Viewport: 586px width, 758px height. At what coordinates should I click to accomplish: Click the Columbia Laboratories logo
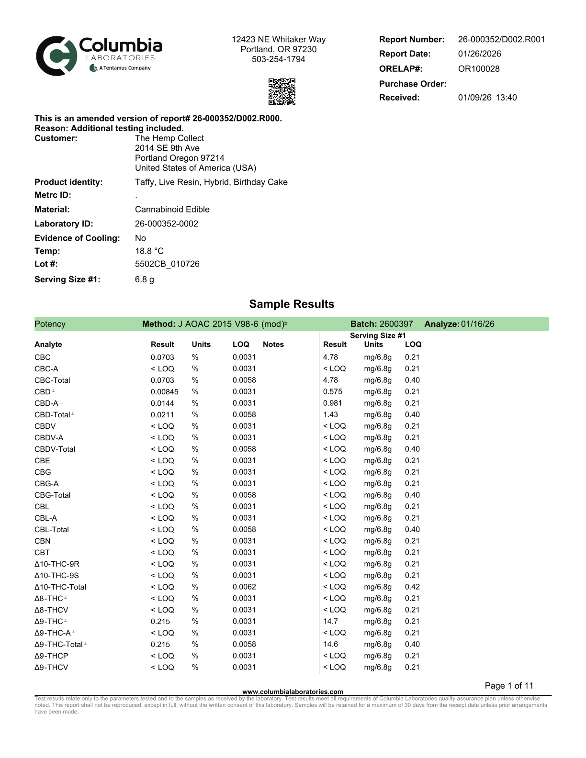pyautogui.click(x=99, y=56)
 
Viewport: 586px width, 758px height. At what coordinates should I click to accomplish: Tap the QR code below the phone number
pyautogui.click(x=282, y=91)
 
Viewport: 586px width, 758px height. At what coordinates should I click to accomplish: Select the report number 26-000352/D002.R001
pyautogui.click(x=501, y=40)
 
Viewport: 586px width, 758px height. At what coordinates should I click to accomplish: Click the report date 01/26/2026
pyautogui.click(x=479, y=54)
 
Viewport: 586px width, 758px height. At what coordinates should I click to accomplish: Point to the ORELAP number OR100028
pyautogui.click(x=478, y=69)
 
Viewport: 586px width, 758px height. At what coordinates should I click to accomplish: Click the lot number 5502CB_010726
pyautogui.click(x=167, y=264)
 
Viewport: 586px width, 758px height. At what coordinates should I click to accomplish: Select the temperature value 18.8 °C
pyautogui.click(x=149, y=251)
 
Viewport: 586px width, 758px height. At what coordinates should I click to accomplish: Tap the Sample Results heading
pyautogui.click(x=292, y=304)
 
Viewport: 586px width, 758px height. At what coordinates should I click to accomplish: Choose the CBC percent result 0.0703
pyautogui.click(x=162, y=357)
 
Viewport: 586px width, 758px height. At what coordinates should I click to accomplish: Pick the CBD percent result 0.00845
pyautogui.click(x=164, y=392)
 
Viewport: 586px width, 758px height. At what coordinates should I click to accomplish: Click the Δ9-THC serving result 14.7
pyautogui.click(x=330, y=622)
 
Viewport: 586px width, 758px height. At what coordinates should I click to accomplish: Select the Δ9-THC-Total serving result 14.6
pyautogui.click(x=330, y=645)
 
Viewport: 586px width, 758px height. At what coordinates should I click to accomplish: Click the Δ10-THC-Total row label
pyautogui.click(x=60, y=587)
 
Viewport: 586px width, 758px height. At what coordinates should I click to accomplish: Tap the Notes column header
pyautogui.click(x=273, y=345)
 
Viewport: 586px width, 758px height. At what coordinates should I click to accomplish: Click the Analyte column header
pyautogui.click(x=48, y=345)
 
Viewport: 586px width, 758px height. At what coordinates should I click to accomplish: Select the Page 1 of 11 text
pyautogui.click(x=508, y=686)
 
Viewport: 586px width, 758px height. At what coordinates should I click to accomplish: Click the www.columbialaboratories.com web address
pyautogui.click(x=293, y=691)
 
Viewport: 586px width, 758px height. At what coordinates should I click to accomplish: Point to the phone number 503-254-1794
pyautogui.click(x=278, y=59)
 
